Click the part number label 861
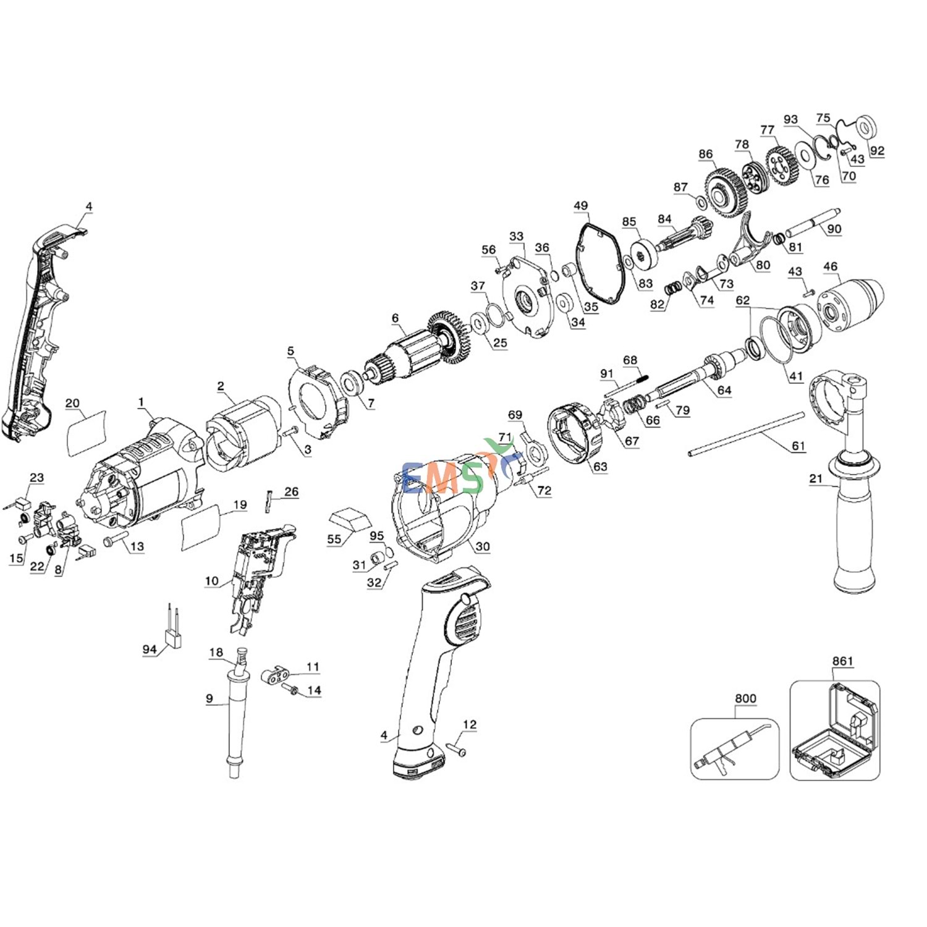[x=842, y=661]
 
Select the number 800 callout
[x=745, y=698]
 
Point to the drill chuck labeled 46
[x=850, y=306]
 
